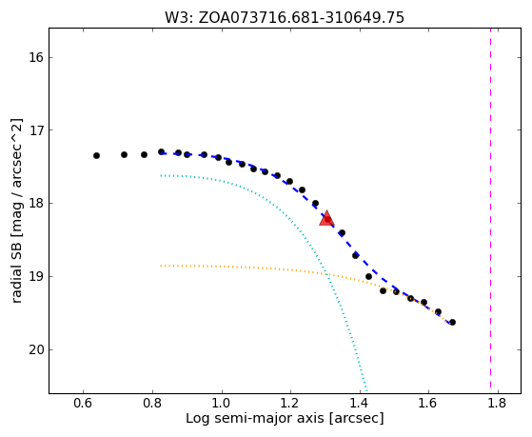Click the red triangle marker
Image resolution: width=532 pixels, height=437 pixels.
[326, 218]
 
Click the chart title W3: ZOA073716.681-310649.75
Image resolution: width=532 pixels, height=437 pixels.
[285, 18]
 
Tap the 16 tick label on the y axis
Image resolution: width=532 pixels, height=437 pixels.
[36, 57]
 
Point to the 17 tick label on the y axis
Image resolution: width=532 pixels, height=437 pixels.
[36, 130]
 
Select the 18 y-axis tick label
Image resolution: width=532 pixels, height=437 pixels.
[36, 204]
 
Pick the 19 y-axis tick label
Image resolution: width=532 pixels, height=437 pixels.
[36, 277]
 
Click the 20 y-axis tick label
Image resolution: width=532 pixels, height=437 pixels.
[36, 349]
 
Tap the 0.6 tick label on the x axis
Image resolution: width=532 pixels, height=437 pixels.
[84, 404]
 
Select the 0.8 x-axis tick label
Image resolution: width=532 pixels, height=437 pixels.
[152, 404]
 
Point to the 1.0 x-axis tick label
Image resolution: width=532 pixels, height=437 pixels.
[222, 404]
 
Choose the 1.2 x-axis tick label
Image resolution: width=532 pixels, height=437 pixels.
[290, 404]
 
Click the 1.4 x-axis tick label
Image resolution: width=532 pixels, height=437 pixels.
[360, 404]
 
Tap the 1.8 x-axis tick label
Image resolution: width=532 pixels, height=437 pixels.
[498, 404]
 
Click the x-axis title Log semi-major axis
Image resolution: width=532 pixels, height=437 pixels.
[255, 419]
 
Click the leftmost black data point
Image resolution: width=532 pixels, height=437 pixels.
[96, 155]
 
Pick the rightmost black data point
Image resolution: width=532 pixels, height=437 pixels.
[452, 322]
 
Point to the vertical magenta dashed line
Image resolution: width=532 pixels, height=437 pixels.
[491, 210]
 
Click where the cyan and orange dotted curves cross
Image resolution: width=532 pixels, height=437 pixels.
[326, 274]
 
